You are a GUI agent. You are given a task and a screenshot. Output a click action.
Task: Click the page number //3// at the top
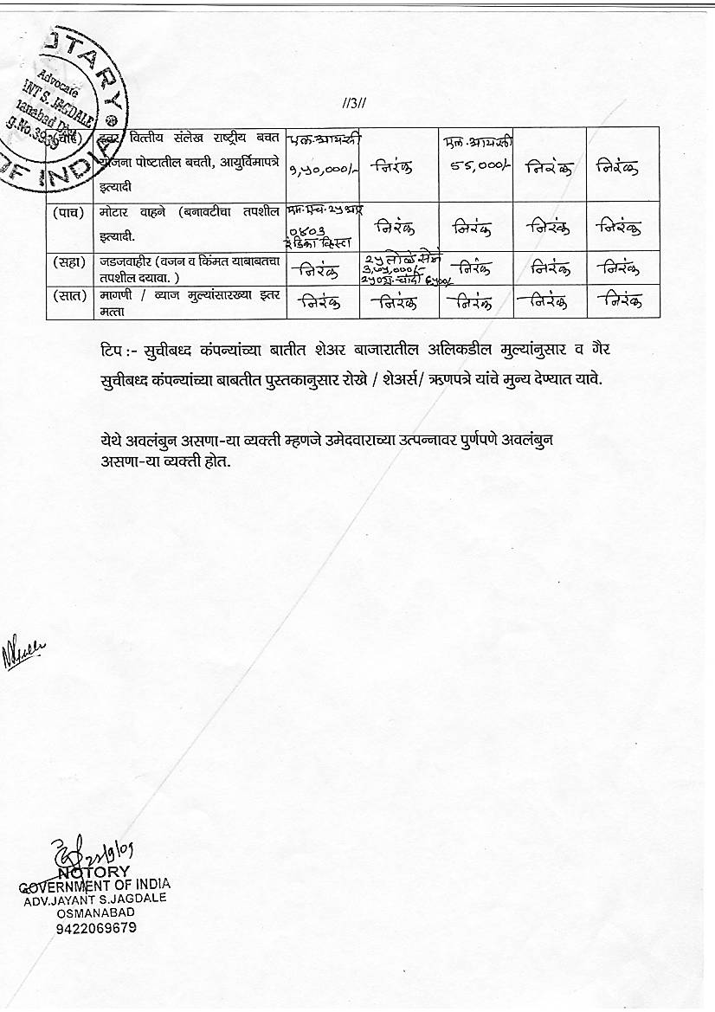tap(355, 104)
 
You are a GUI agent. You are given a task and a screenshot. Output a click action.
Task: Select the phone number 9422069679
tap(95, 928)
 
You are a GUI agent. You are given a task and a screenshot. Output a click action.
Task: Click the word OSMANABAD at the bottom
tap(94, 912)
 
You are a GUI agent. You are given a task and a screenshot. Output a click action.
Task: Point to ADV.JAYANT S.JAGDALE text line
tap(94, 899)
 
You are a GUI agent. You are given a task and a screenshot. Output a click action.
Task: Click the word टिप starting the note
tap(112, 348)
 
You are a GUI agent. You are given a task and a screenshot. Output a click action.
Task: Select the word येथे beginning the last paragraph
tap(112, 441)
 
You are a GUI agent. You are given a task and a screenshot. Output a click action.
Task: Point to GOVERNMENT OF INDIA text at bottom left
tap(95, 885)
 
